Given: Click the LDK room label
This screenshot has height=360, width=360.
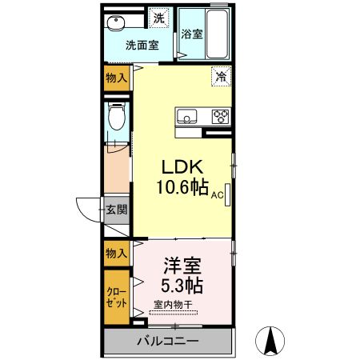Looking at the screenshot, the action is click(x=182, y=167).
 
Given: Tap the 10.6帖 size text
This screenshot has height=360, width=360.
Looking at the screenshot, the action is click(x=182, y=187).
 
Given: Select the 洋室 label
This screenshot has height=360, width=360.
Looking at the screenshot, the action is click(x=182, y=266).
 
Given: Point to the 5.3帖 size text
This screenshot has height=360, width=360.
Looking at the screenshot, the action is click(x=182, y=286).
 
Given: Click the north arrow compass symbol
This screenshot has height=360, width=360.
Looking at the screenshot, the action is click(x=270, y=341).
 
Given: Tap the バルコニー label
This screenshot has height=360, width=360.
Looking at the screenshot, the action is click(x=168, y=341).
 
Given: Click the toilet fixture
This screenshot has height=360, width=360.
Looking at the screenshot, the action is click(x=117, y=116).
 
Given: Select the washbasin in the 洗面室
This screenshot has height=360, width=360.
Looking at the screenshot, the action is click(x=116, y=22).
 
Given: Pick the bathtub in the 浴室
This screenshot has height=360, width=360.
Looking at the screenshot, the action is click(x=217, y=34).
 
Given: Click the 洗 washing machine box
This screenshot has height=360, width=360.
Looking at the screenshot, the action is click(x=159, y=18).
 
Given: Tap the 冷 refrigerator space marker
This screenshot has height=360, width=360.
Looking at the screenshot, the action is click(x=222, y=77).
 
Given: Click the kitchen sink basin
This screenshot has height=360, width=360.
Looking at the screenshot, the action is click(x=186, y=117).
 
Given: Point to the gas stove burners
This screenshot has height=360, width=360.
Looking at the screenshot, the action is click(x=221, y=117).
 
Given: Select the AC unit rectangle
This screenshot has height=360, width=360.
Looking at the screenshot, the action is click(x=227, y=194).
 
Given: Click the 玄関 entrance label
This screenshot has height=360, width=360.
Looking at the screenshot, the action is click(x=117, y=210).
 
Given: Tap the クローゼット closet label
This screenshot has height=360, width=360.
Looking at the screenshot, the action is click(x=116, y=298).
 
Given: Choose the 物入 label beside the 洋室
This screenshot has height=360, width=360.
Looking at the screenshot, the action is click(x=116, y=253).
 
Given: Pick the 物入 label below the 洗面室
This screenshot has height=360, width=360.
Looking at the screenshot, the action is click(x=116, y=78).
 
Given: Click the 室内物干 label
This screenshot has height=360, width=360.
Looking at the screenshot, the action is click(x=173, y=304).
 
